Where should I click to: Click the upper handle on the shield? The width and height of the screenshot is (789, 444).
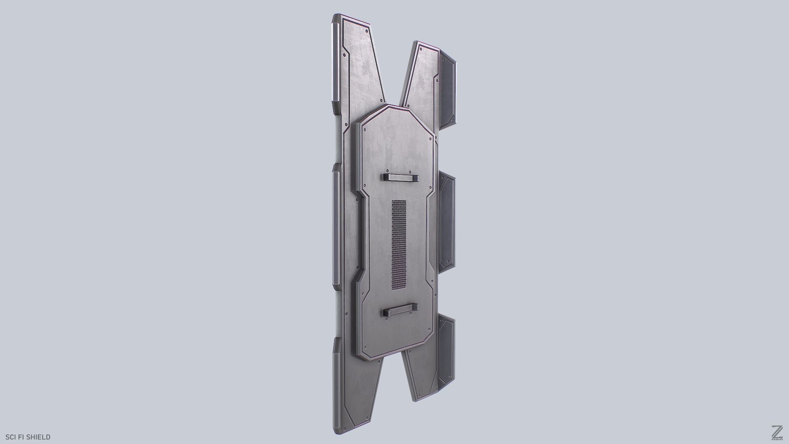(400, 178)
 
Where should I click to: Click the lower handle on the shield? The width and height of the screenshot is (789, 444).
(400, 310)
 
